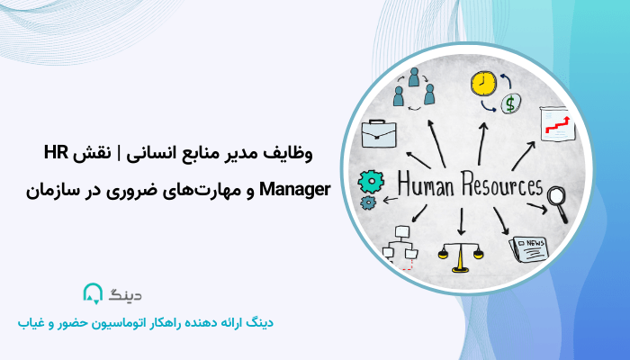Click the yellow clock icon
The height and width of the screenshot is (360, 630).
pyautogui.click(x=483, y=83)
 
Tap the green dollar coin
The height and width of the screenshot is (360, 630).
pyautogui.click(x=509, y=103)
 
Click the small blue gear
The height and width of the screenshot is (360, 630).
pyautogui.click(x=367, y=203)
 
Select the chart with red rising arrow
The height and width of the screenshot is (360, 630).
pyautogui.click(x=554, y=124)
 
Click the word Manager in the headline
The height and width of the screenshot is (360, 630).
pyautogui.click(x=295, y=190)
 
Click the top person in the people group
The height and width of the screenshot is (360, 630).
pyautogui.click(x=415, y=76)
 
